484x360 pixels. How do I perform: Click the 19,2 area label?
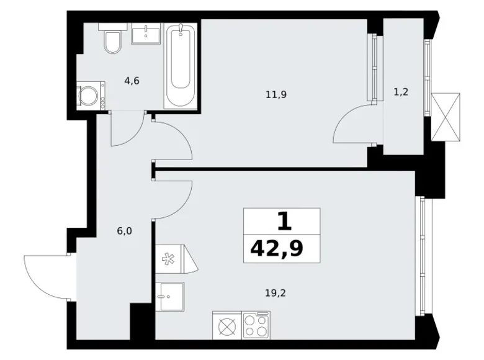click(269, 288)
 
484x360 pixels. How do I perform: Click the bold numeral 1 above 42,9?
click(282, 221)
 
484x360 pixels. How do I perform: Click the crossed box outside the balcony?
click(446, 117)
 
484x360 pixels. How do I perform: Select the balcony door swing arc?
click(352, 125)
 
